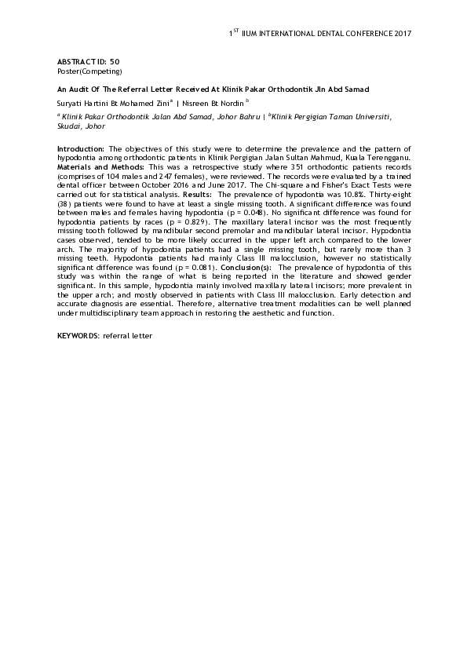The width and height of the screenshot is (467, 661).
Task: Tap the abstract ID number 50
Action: pos(115,61)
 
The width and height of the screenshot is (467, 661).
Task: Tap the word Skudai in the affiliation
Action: pos(70,126)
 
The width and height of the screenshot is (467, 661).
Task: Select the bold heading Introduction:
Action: pos(82,148)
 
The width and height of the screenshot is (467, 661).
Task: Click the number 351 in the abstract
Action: pos(275,167)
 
